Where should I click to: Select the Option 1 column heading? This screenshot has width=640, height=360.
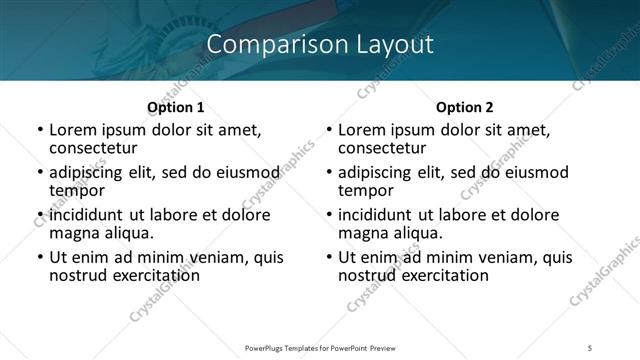pyautogui.click(x=175, y=107)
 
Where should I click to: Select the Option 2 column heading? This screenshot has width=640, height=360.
pyautogui.click(x=465, y=107)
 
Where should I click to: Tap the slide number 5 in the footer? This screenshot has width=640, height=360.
pyautogui.click(x=591, y=348)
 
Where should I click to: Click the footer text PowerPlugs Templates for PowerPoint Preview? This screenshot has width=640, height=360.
pyautogui.click(x=319, y=348)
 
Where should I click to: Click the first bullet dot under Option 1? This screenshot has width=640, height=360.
pyautogui.click(x=39, y=131)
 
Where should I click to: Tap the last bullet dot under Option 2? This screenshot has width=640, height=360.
pyautogui.click(x=329, y=258)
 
